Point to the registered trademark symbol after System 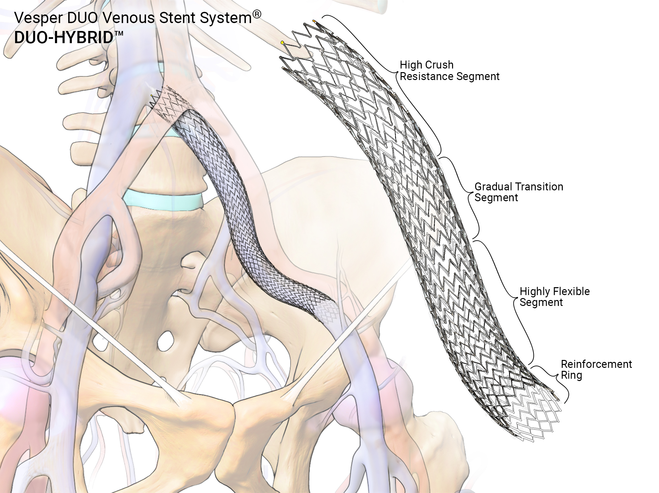(257, 14)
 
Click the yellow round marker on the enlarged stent (282, 42)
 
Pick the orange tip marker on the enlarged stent (314, 22)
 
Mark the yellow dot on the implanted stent (152, 96)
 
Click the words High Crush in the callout (426, 65)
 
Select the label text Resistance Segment (449, 76)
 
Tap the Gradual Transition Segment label (518, 192)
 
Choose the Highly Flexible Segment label (554, 297)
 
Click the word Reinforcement (596, 364)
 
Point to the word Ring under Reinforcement (571, 375)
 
